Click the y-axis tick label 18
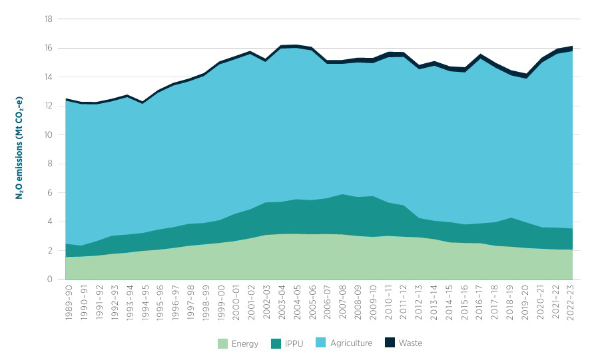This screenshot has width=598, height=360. click(49, 19)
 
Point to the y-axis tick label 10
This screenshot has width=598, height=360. click(49, 135)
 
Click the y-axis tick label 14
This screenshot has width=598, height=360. click(49, 77)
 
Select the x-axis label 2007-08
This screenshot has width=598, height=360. click(344, 305)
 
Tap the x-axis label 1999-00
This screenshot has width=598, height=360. click(221, 305)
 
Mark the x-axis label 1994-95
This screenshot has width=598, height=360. click(145, 305)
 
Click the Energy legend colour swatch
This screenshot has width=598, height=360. click(222, 343)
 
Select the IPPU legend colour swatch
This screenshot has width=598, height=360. click(276, 343)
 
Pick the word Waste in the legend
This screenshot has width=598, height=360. click(411, 343)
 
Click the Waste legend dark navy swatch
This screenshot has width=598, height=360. click(390, 343)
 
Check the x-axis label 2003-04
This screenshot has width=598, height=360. click(282, 305)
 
